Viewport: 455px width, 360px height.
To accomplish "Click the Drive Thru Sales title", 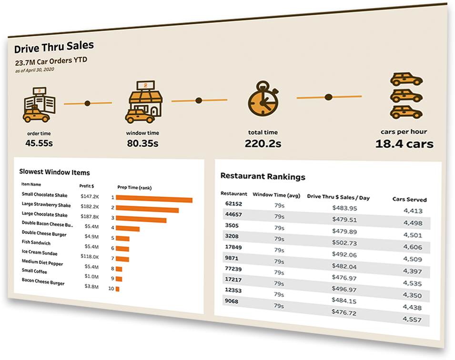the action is pyautogui.click(x=54, y=47).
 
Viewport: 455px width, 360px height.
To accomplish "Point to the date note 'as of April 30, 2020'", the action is pyautogui.click(x=34, y=70).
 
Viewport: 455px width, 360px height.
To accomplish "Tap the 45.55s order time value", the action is pyautogui.click(x=39, y=143).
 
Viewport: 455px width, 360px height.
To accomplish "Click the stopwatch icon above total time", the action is pyautogui.click(x=263, y=99).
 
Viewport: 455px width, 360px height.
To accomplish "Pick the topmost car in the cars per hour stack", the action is pyautogui.click(x=406, y=79).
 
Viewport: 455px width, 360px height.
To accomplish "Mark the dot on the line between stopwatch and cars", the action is pyautogui.click(x=328, y=97).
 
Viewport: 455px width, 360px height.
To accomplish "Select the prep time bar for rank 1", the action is pyautogui.click(x=154, y=199).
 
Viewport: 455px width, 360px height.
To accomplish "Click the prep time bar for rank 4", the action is pyautogui.click(x=128, y=229).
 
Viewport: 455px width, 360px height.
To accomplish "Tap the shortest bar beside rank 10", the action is pyautogui.click(x=118, y=289).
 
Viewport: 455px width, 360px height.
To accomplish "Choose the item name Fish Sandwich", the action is pyautogui.click(x=36, y=242).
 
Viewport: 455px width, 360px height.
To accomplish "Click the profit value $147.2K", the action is pyautogui.click(x=90, y=196).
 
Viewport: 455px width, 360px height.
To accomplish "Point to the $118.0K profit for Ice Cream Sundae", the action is pyautogui.click(x=90, y=257).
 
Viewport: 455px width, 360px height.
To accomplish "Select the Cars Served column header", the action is pyautogui.click(x=409, y=200).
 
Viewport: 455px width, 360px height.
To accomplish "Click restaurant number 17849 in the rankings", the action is pyautogui.click(x=233, y=247).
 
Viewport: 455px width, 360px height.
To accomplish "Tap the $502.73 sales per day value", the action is pyautogui.click(x=344, y=243).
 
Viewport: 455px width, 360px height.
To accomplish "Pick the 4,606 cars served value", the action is pyautogui.click(x=413, y=247).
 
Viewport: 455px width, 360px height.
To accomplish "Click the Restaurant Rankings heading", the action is pyautogui.click(x=263, y=176).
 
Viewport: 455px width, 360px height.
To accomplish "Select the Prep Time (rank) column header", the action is pyautogui.click(x=134, y=188).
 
